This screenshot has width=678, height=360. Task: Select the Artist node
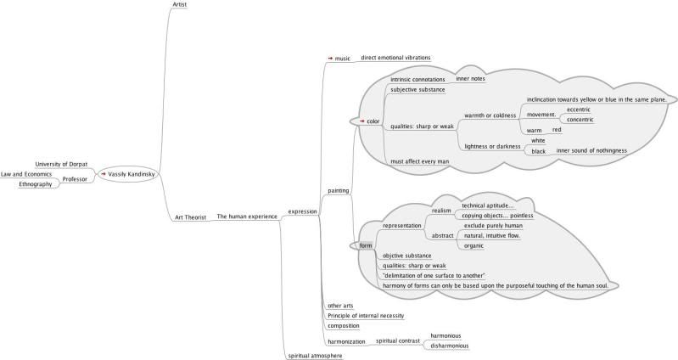pos(179,5)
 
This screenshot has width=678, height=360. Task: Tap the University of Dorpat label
pos(62,164)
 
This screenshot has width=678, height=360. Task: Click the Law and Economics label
pos(27,174)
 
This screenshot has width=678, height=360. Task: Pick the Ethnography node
pos(36,184)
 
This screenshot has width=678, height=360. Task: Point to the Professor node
pos(76,179)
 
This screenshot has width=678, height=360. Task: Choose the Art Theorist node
pos(191,217)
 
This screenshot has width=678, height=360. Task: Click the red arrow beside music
pos(330,59)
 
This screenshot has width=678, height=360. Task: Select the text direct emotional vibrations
pos(395,58)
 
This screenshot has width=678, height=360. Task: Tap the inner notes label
pos(471,79)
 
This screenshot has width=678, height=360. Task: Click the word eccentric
pos(578,110)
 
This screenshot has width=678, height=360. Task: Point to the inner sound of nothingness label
pos(591,150)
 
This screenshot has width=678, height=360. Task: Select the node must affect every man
pos(419,160)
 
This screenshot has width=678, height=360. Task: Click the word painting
pos(339,191)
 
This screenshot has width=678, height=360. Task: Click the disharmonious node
pos(450,346)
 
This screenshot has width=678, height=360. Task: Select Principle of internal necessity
pos(365,315)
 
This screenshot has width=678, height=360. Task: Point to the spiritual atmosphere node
pos(315,356)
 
